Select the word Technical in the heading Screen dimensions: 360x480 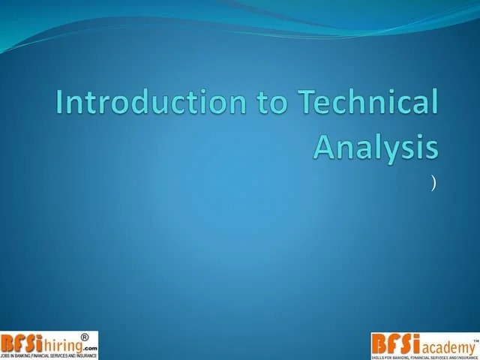367,103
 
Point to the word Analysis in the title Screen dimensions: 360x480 376,145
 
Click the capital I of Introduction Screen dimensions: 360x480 61,103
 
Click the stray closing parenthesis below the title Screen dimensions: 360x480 433,182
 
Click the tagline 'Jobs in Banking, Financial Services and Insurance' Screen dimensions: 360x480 49,355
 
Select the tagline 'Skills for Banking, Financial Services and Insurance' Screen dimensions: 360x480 424,356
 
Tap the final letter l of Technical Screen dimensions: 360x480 433,102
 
